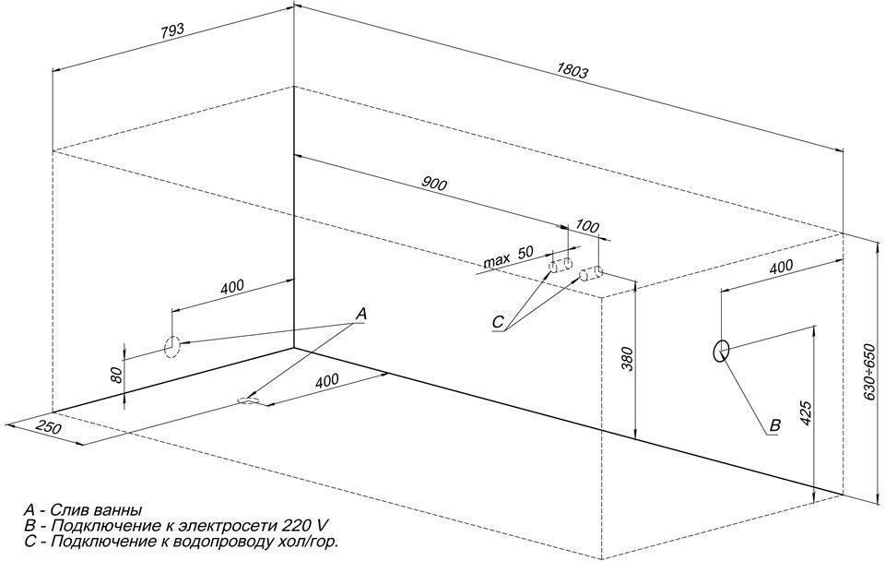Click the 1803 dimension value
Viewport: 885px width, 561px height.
[572, 70]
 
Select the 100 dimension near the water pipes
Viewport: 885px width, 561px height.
[586, 225]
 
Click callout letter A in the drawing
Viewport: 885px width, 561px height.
[360, 316]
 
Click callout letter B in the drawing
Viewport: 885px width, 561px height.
[774, 425]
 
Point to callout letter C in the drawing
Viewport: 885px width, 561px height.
[497, 323]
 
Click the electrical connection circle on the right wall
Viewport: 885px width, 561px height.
[721, 351]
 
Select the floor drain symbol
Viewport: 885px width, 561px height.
[249, 400]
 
